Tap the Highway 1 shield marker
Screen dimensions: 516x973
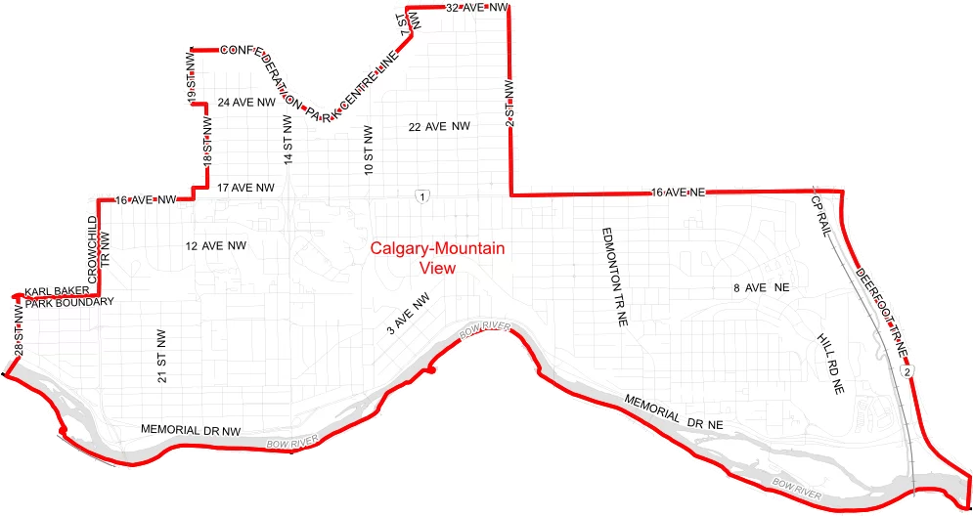tap(420, 196)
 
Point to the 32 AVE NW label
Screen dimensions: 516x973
tap(478, 8)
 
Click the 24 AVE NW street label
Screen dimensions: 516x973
tap(245, 103)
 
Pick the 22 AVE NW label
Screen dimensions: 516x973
tap(439, 127)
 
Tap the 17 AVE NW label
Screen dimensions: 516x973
tap(245, 187)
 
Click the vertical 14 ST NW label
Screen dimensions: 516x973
tap(288, 140)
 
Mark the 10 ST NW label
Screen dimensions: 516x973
tap(369, 150)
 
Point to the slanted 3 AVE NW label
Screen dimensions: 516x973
tap(408, 316)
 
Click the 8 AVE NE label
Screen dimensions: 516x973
tap(760, 288)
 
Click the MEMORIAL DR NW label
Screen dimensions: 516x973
tap(190, 430)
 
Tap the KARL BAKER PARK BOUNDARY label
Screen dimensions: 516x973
tap(68, 297)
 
